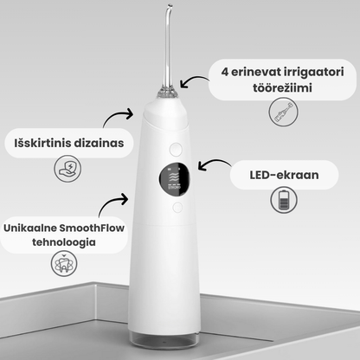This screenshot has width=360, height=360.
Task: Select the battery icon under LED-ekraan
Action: tap(285, 204)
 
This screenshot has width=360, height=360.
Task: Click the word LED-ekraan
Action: tap(284, 175)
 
